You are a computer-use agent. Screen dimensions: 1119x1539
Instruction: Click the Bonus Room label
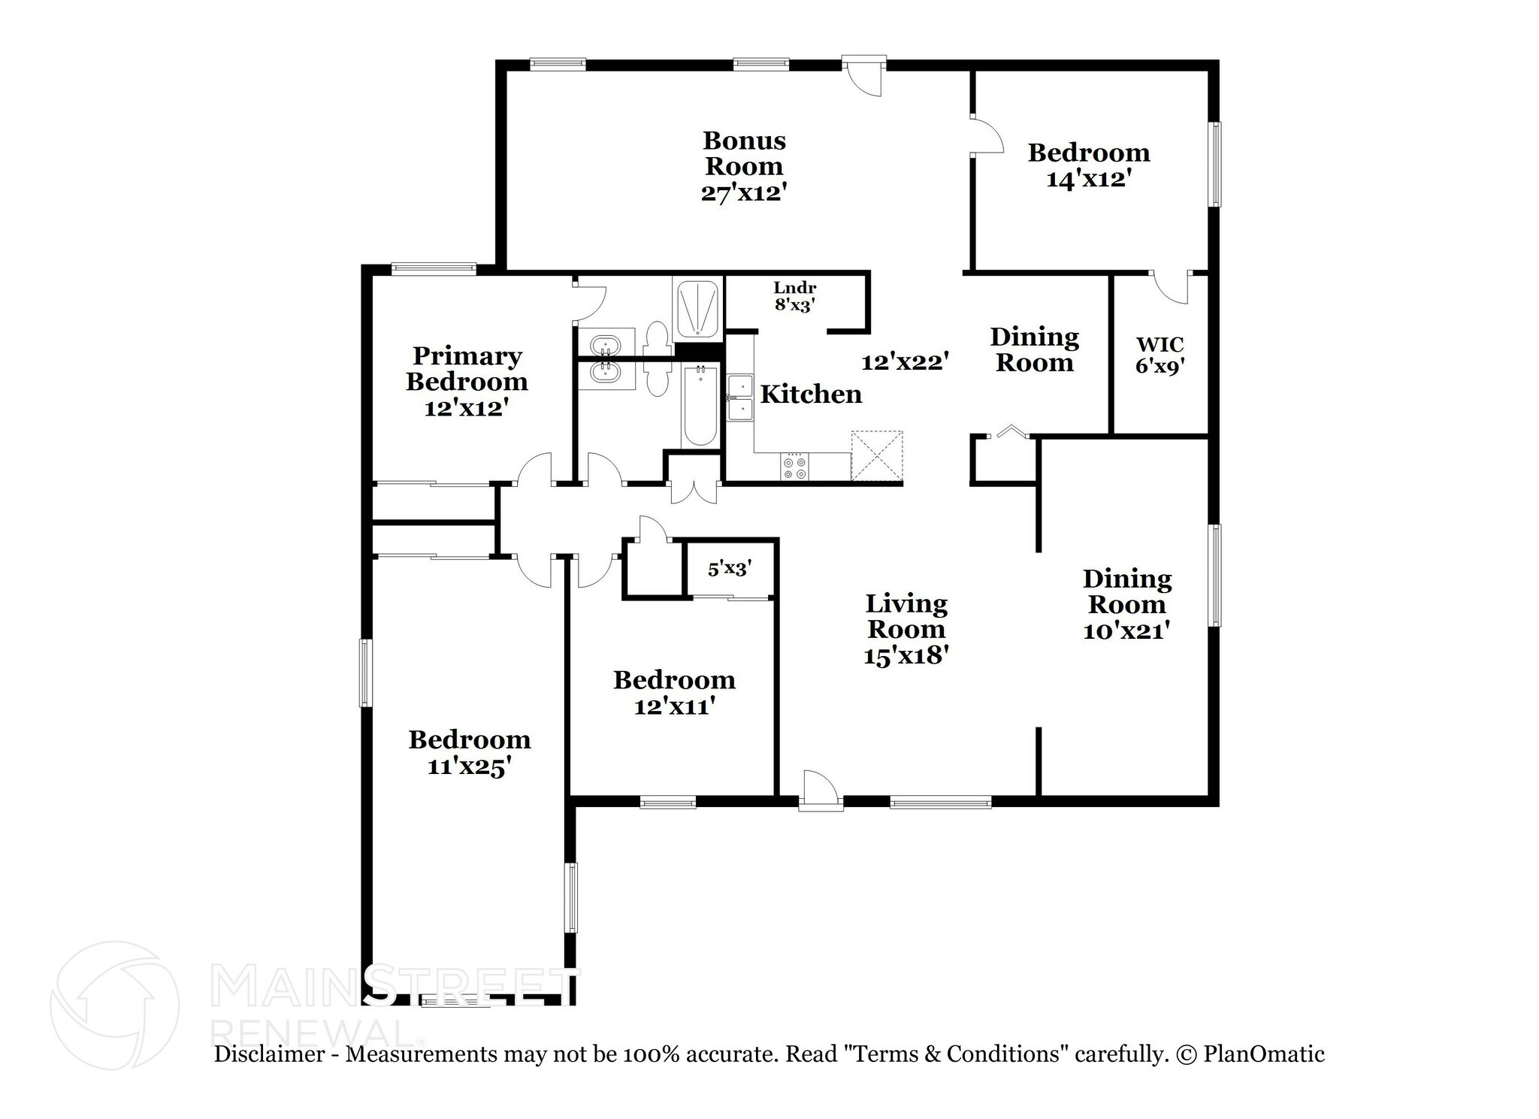click(744, 153)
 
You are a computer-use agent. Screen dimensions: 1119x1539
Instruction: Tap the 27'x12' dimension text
click(744, 193)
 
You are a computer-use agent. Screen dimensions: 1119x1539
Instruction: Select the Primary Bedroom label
click(467, 368)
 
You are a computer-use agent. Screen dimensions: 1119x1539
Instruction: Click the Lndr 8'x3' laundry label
click(795, 296)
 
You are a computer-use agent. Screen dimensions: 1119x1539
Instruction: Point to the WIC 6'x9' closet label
click(1160, 355)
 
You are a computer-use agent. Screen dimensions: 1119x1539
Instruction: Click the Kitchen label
click(811, 394)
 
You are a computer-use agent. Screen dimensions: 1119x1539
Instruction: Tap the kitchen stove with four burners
click(794, 466)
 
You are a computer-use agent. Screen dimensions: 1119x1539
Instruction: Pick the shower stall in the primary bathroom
click(697, 308)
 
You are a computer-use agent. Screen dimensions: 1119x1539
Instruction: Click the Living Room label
click(906, 616)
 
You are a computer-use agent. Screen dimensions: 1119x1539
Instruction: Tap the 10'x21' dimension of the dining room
click(1127, 630)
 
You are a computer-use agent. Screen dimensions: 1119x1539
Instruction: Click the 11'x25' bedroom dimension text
click(470, 767)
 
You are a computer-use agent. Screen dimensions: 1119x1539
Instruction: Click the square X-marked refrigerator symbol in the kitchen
click(876, 455)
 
